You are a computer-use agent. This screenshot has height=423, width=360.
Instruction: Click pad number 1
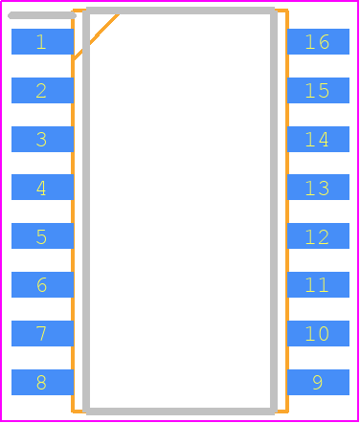42,41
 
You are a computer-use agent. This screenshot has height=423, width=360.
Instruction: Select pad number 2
42,90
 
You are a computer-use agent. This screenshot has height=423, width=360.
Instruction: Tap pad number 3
42,139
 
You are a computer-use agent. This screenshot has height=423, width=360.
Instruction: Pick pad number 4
42,187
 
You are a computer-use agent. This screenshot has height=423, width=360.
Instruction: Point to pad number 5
42,235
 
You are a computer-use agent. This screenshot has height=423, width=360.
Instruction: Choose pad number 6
42,284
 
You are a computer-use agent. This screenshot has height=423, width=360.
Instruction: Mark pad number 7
42,333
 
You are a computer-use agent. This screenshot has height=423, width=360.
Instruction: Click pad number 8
42,382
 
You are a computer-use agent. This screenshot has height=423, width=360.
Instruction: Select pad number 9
318,382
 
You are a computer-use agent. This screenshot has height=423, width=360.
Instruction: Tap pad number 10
318,333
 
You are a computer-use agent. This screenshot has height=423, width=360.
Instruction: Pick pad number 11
318,284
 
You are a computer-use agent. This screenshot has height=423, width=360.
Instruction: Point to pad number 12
318,235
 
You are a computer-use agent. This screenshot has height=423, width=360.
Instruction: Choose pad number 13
318,187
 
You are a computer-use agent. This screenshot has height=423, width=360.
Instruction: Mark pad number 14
318,139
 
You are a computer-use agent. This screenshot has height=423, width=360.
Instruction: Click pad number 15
318,90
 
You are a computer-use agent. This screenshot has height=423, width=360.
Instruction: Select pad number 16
318,41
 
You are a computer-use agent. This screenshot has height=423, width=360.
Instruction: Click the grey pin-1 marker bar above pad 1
42,15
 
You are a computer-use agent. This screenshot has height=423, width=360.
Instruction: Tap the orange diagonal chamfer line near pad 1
96,36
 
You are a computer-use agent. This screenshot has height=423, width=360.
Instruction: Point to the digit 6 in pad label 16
324,42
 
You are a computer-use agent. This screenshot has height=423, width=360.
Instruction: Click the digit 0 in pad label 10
324,334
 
